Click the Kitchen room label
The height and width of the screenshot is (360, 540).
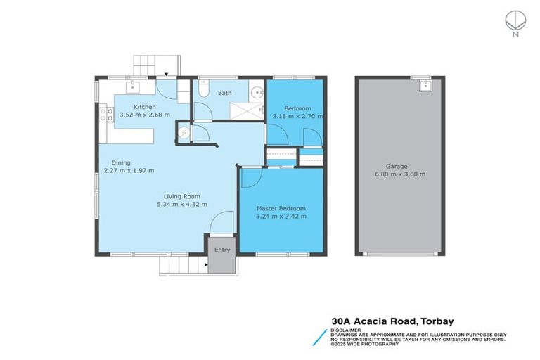[x=135, y=107]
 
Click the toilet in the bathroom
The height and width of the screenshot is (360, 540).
[x=202, y=89]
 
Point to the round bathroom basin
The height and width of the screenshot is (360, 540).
[x=257, y=91]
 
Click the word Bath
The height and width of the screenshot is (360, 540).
[x=224, y=93]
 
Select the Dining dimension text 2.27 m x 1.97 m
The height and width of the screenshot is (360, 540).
[x=129, y=170]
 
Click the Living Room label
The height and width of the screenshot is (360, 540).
[x=182, y=196]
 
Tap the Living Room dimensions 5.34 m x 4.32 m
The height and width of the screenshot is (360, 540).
[x=182, y=204]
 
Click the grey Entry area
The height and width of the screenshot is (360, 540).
[x=221, y=253]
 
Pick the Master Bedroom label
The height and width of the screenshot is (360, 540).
[x=281, y=209]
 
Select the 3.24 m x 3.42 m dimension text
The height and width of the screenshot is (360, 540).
[x=281, y=217]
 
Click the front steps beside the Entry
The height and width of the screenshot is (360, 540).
[x=183, y=265]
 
